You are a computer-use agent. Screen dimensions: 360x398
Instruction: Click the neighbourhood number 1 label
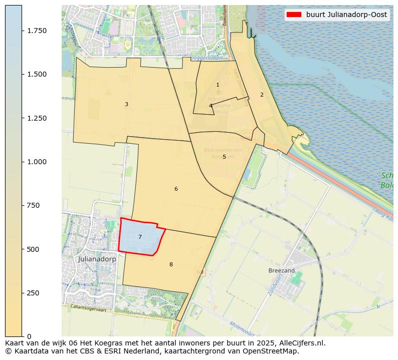[x=218, y=85]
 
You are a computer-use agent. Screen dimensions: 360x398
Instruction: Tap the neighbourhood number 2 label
[x=262, y=95]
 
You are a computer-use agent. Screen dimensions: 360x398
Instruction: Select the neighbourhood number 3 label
[x=126, y=105]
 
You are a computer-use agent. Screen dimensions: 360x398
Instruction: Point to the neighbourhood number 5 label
[x=224, y=157]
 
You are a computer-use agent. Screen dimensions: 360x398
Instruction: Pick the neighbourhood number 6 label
[x=176, y=189]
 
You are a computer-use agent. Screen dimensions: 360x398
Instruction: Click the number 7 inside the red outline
[x=140, y=237]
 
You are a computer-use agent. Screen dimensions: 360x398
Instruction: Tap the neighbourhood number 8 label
[x=171, y=265]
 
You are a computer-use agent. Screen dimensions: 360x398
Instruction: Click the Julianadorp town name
[x=97, y=259]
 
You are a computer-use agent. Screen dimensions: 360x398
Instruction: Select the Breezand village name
[x=281, y=270]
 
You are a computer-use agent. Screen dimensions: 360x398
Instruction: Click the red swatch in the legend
[x=294, y=15]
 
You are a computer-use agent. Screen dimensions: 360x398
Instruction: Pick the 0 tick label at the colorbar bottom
[x=29, y=336]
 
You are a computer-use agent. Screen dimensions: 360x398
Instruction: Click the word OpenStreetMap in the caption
[x=273, y=351]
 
